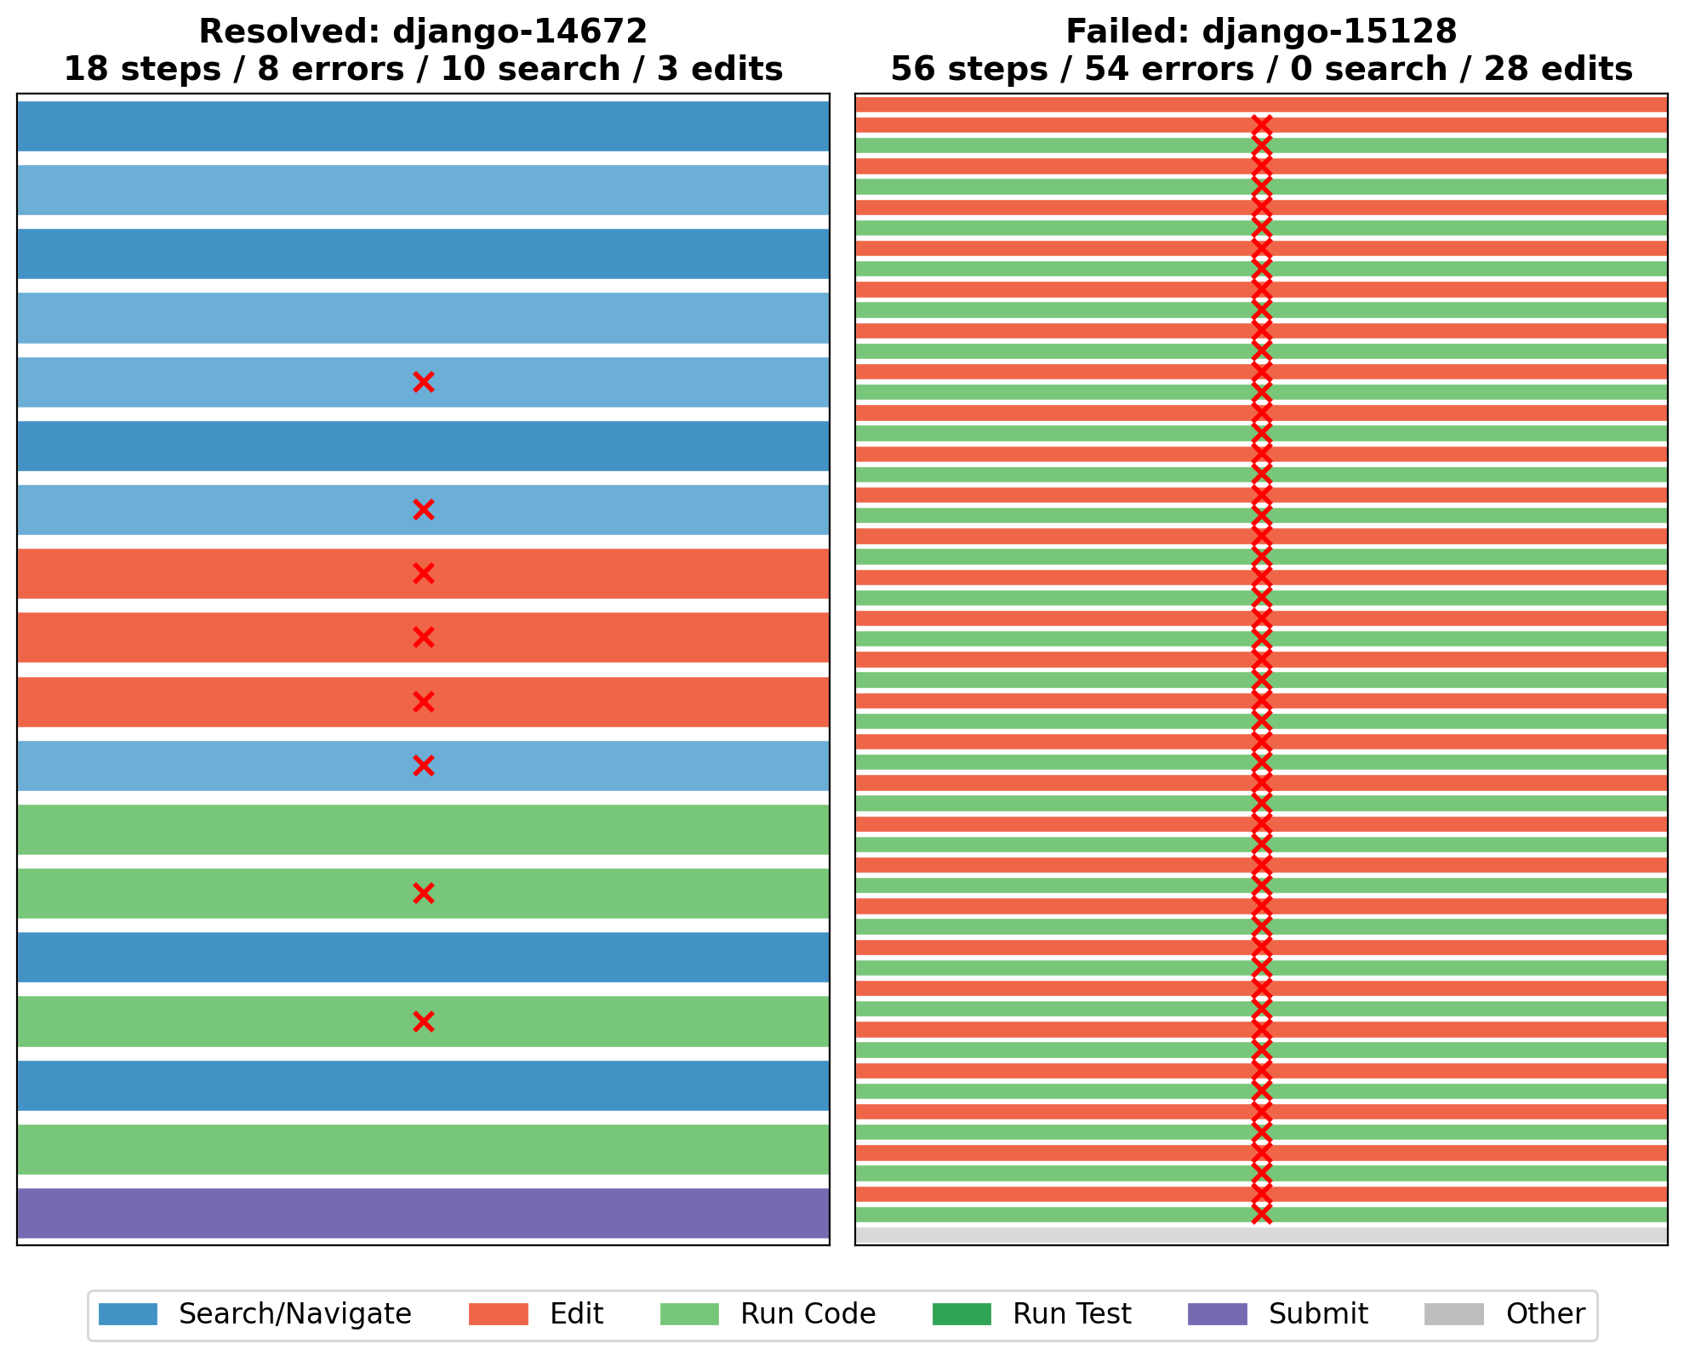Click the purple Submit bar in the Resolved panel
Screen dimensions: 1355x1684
(423, 1213)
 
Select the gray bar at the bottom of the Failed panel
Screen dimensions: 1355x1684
(1261, 1235)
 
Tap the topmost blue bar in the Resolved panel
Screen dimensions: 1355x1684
(423, 126)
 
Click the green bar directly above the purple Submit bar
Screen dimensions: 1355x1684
(423, 1149)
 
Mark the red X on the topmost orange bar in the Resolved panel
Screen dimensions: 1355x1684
(423, 574)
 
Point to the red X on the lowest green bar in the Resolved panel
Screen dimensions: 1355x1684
(423, 1022)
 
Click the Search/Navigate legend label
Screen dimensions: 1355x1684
(294, 1314)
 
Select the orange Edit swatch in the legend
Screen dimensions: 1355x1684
(498, 1314)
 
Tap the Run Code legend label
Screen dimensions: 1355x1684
(808, 1314)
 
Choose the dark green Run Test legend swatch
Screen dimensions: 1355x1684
(962, 1314)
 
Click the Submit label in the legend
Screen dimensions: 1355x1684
(1318, 1314)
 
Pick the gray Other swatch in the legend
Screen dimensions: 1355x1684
(1453, 1314)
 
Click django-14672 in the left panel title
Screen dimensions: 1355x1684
(519, 32)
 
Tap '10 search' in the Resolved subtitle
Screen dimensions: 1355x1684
(530, 70)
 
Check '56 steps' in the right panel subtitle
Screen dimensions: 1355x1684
(969, 70)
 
